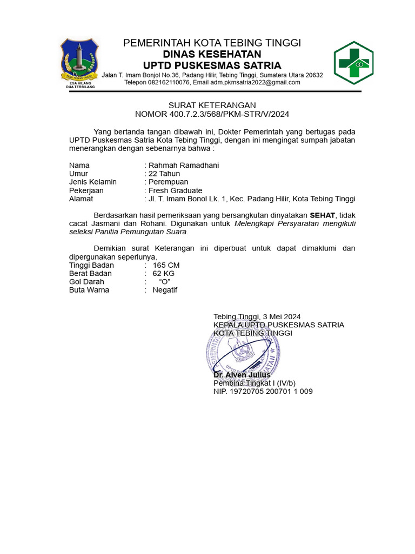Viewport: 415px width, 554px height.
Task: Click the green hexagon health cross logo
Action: pos(353,62)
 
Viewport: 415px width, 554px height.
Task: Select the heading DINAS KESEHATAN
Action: pos(212,54)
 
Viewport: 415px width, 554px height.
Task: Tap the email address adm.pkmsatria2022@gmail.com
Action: pos(255,82)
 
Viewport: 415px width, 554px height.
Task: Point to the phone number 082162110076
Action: pos(165,82)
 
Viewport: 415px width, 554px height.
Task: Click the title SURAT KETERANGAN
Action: pos(212,105)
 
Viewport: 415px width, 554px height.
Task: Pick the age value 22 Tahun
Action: pos(164,174)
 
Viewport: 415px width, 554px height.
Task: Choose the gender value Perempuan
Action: pos(169,182)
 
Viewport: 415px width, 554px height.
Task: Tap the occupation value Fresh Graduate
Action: pos(175,190)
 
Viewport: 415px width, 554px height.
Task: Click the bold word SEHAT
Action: pos(323,215)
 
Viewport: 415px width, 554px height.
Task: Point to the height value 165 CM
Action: pos(166,265)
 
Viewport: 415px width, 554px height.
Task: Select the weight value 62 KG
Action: pos(164,273)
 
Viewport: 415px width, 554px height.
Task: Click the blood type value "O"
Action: pos(165,281)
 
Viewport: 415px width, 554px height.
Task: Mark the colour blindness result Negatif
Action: pos(165,289)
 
